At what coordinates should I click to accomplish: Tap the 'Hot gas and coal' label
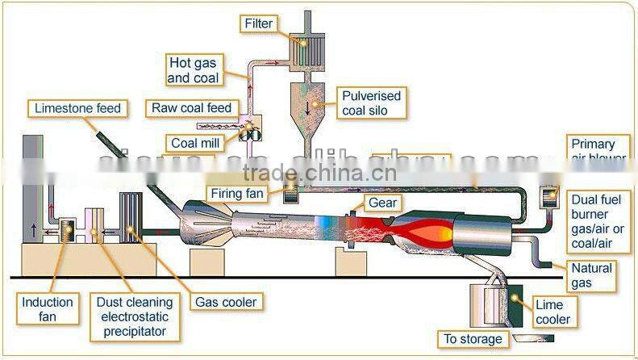[194, 69]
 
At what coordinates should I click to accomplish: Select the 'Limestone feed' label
[77, 108]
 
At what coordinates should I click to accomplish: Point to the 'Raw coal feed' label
[191, 108]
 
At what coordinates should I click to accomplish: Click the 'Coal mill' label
[194, 143]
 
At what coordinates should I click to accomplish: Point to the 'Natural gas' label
[592, 274]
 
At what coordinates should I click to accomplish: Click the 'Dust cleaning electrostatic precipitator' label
[131, 316]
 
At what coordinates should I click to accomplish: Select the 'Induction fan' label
[48, 310]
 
